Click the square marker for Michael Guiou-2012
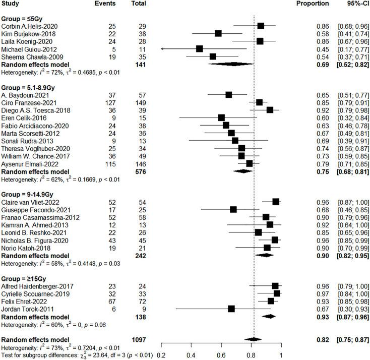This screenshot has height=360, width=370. tap(200, 48)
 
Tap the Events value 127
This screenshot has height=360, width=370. tap(107, 102)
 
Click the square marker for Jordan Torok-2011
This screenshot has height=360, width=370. tap(231, 308)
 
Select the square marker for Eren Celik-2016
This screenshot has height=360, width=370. tap(221, 117)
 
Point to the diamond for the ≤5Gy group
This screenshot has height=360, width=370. tap(233, 64)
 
